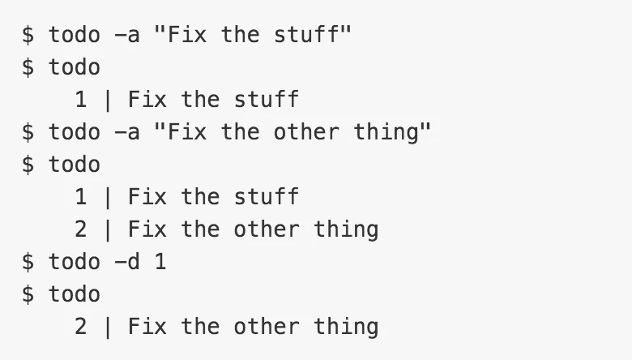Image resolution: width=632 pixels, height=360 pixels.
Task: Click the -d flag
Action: [x=127, y=262]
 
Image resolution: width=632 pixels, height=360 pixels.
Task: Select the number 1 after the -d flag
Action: [x=160, y=262]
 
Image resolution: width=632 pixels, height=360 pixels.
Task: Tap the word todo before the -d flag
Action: [x=75, y=262]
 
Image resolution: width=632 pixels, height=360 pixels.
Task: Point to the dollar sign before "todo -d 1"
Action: [x=28, y=262]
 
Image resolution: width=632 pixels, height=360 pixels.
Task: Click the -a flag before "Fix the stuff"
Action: [x=127, y=35]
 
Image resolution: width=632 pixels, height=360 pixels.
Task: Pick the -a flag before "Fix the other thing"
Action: [x=127, y=132]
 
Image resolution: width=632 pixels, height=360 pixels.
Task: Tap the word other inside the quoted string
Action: [x=306, y=132]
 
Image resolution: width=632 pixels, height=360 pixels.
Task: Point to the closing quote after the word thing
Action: [x=425, y=127]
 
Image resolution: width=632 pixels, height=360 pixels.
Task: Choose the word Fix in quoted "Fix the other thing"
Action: [x=186, y=132]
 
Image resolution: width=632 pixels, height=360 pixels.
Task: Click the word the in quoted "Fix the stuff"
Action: [x=240, y=34]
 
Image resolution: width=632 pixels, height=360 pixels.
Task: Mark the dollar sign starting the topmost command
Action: [x=28, y=34]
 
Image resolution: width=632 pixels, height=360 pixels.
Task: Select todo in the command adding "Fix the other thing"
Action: [x=75, y=132]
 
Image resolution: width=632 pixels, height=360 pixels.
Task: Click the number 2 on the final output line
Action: [x=80, y=327]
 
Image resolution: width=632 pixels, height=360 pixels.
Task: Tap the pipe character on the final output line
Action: [x=108, y=327]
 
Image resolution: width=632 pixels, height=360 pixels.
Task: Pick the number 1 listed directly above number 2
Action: [x=80, y=197]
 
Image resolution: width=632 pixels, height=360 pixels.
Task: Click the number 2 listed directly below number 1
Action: [x=80, y=229]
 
